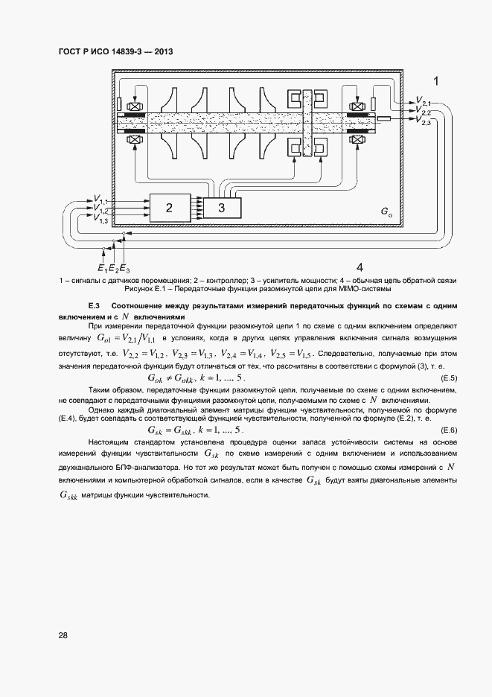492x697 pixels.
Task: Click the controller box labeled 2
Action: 169,208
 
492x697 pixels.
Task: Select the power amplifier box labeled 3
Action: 222,208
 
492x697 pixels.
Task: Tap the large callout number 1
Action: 436,81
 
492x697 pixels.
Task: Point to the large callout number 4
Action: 360,267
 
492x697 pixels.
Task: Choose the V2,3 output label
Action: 425,121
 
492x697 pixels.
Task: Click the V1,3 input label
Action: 101,220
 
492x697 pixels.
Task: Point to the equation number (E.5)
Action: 449,380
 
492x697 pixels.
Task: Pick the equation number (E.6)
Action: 449,431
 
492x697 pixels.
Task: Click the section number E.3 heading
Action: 94,306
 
